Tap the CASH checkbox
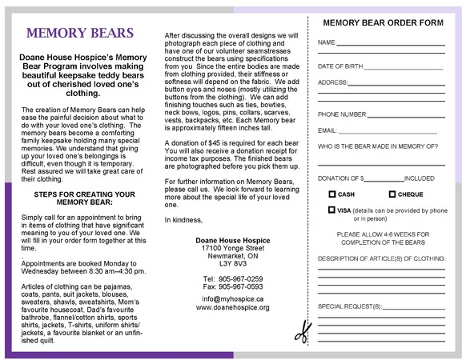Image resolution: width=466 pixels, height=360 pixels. [332, 194]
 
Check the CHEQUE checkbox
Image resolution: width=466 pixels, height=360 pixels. [392, 194]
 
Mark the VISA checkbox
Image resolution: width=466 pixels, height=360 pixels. [332, 210]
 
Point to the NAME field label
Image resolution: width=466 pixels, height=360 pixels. [327, 42]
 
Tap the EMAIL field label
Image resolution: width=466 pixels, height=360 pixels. [327, 130]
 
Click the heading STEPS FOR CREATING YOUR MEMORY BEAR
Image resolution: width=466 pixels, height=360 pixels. [83, 198]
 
